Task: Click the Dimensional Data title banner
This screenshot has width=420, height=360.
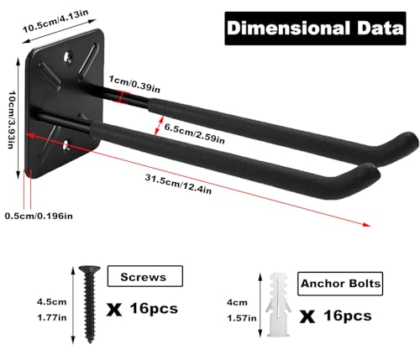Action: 315,29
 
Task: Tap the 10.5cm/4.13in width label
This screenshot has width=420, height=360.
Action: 55,21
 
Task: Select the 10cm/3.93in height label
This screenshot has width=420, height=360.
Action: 11,119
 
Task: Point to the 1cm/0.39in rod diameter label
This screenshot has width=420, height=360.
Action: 134,84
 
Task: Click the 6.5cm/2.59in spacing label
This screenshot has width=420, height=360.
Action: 195,133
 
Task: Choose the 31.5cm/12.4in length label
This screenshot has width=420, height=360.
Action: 178,184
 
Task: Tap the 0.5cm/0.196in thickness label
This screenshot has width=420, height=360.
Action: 39,216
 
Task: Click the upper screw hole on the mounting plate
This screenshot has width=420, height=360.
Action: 67,57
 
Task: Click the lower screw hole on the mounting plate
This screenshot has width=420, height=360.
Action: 66,145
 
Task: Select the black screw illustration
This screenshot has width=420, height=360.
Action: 90,304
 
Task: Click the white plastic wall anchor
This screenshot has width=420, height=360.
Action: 278,305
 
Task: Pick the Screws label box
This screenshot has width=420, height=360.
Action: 145,276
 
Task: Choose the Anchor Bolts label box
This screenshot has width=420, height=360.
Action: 340,284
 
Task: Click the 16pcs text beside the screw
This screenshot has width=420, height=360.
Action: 154,309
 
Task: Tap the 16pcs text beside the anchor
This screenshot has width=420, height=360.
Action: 348,316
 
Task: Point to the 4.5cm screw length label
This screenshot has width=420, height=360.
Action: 52,302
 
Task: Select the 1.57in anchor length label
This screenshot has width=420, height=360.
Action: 242,318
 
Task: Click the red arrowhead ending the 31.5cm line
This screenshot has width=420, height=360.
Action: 366,224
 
